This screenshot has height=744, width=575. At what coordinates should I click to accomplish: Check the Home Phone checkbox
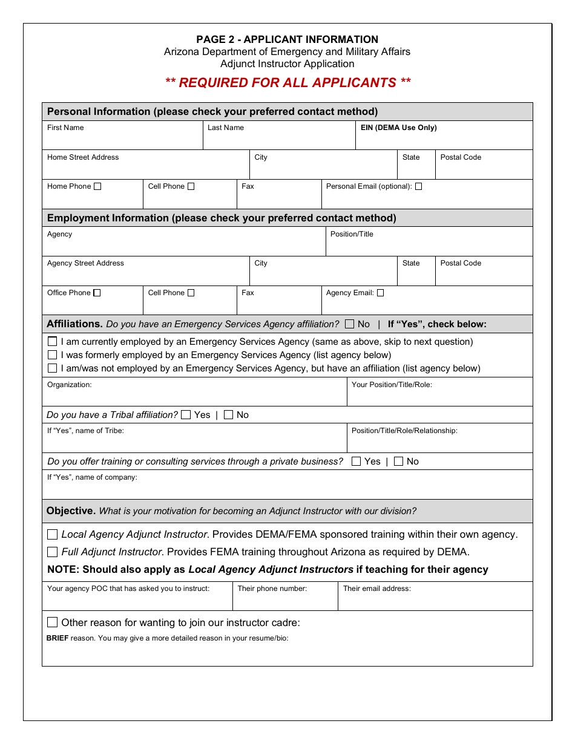click(97, 186)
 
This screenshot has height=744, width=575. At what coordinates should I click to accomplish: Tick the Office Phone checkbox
click(97, 293)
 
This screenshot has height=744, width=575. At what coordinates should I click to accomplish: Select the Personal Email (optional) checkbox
click(418, 186)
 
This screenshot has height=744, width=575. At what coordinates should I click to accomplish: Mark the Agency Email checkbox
click(380, 293)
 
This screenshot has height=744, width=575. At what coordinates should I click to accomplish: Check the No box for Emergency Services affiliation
click(349, 324)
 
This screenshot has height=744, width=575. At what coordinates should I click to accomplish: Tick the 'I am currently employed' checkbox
click(53, 342)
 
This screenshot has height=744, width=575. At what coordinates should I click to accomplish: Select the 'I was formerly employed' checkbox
click(53, 355)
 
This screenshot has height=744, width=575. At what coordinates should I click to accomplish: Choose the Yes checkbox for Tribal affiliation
click(186, 415)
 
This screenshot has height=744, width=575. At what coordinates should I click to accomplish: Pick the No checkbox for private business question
click(398, 462)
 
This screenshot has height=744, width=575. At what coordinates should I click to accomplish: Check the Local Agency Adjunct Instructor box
click(53, 535)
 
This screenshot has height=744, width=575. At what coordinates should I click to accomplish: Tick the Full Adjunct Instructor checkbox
click(53, 552)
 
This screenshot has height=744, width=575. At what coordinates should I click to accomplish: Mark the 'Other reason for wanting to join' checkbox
click(53, 622)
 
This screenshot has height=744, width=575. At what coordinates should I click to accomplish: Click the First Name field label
click(65, 128)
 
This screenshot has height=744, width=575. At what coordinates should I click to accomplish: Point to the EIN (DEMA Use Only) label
click(398, 128)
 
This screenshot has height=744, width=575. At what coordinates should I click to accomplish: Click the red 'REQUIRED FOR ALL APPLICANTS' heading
click(287, 83)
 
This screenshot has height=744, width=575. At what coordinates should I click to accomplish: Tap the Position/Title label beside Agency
click(352, 234)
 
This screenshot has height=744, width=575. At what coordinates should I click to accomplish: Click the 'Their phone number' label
click(272, 589)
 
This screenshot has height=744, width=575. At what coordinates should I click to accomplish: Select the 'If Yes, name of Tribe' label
click(85, 431)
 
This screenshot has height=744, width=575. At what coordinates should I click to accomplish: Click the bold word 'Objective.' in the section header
click(71, 511)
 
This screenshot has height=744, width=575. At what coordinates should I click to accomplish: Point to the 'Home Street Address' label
click(83, 157)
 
